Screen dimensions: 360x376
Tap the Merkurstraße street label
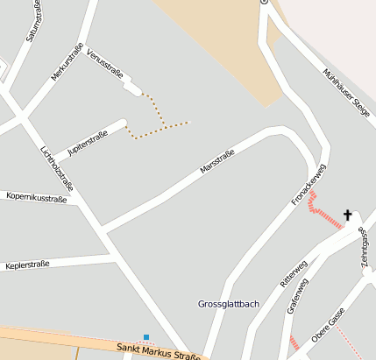[67, 62]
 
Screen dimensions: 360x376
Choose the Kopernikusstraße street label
[36, 199]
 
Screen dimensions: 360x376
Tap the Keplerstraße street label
[26, 264]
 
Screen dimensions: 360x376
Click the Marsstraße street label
[217, 160]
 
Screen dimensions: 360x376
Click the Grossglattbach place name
[229, 304]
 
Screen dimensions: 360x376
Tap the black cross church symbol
[348, 215]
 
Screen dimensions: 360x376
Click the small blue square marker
[146, 336]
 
